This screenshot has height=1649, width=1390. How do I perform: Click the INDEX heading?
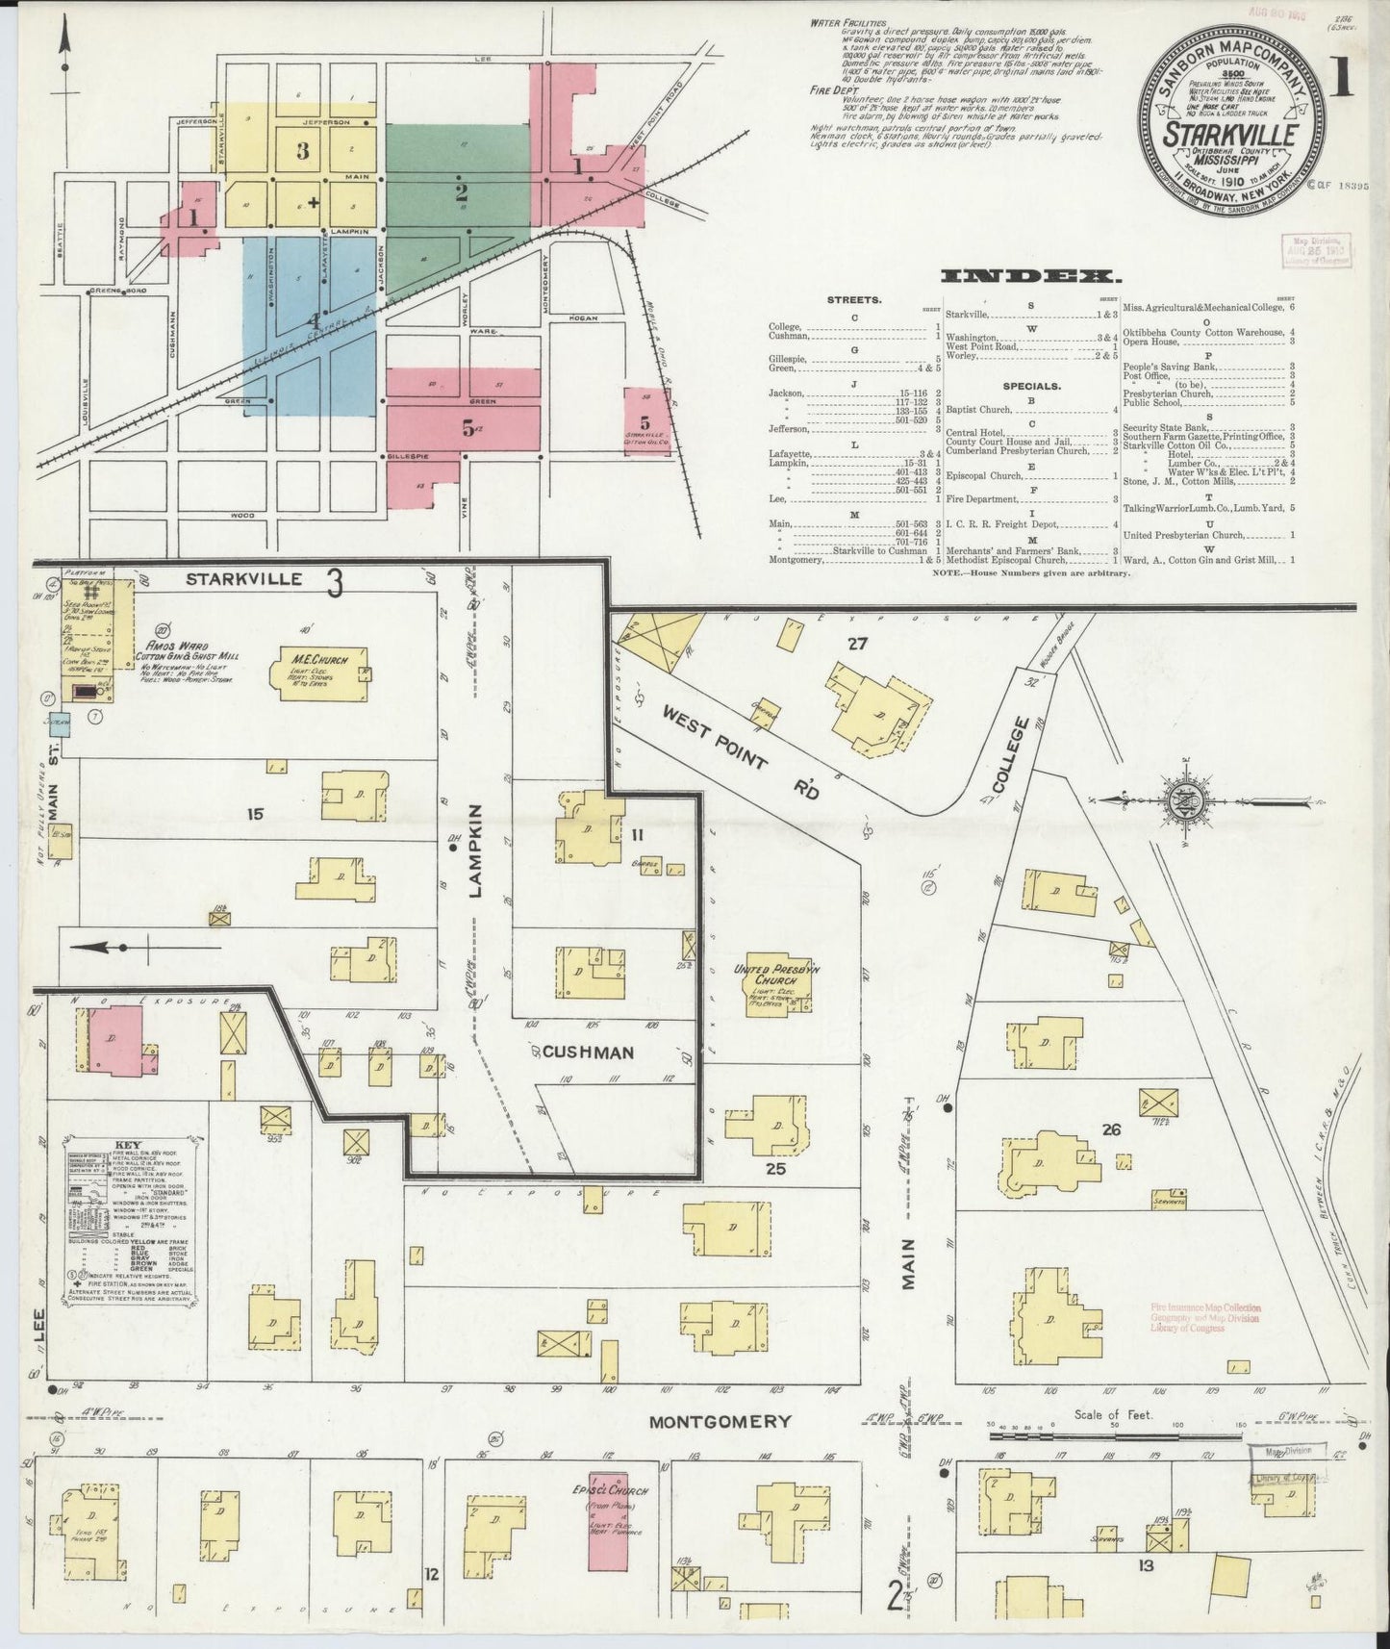point(1030,277)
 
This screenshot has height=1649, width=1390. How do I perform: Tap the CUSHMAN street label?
point(588,1052)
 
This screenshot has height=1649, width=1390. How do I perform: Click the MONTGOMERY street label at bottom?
point(720,1421)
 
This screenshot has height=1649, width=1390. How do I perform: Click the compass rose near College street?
point(1180,799)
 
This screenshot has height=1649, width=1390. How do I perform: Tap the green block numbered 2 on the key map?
point(460,183)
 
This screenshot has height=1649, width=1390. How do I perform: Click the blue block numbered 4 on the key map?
point(310,322)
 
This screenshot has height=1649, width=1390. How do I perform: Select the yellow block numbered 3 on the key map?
point(302,151)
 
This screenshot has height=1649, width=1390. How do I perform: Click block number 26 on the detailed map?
point(1112,1129)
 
